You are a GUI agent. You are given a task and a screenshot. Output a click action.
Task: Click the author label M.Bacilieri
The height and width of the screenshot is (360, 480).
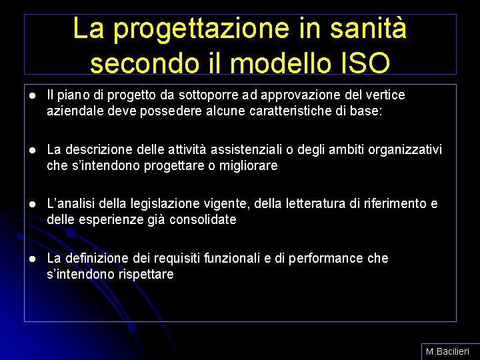pos(448,351)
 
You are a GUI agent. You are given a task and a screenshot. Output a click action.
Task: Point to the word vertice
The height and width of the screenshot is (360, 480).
pos(382,95)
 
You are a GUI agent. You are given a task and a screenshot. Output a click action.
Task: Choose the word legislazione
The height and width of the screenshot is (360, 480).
pos(169,203)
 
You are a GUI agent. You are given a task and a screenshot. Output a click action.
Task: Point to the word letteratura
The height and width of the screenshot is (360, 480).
pos(303,203)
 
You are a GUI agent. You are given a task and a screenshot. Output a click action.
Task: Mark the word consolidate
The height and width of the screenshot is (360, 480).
pos(203,219)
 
